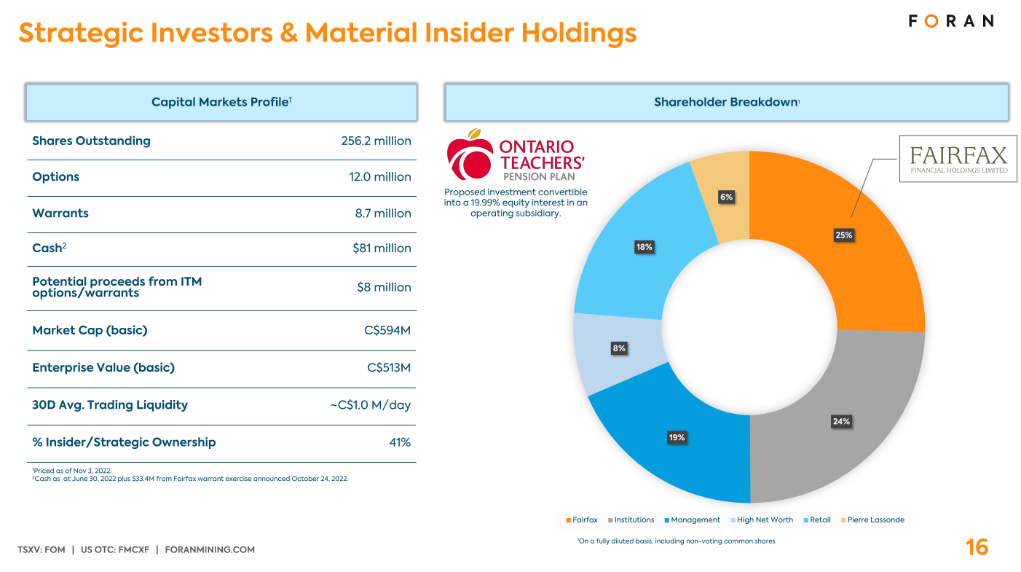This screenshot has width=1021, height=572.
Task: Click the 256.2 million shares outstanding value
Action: [x=376, y=141]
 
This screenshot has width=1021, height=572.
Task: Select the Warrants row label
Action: [x=60, y=213]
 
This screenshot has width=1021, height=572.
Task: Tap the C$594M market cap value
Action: [x=387, y=330]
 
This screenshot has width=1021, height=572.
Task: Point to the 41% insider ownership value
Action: [x=400, y=442]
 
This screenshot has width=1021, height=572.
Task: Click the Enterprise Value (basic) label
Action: [x=103, y=367]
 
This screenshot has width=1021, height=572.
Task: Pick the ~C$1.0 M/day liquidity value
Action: [x=371, y=404]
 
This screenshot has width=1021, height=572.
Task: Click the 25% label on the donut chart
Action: [x=844, y=235]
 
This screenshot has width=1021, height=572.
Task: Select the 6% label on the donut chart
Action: [x=726, y=197]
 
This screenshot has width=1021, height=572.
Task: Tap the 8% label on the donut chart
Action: [x=619, y=348]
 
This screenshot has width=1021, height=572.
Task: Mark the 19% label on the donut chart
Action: [x=677, y=437]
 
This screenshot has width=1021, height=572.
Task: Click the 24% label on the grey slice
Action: [x=841, y=421]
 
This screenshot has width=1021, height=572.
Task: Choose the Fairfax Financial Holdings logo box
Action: [x=958, y=159]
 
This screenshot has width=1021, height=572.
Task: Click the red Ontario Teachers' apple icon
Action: [x=470, y=155]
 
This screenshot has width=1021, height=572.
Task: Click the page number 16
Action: [x=977, y=547]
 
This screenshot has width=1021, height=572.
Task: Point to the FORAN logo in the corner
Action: [x=950, y=21]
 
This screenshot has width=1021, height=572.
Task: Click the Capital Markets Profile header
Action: [x=221, y=102]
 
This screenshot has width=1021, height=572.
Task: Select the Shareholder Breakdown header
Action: [x=726, y=102]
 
